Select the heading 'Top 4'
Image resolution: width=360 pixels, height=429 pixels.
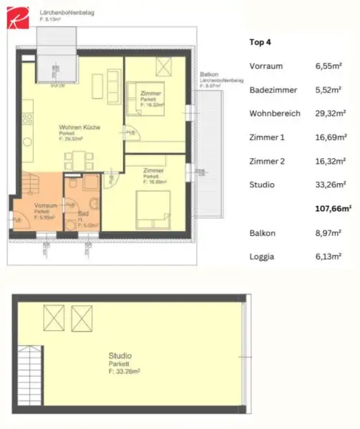click(261, 41)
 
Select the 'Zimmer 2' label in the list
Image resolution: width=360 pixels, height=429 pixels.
click(266, 162)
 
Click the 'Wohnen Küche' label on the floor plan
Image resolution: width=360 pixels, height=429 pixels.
click(79, 128)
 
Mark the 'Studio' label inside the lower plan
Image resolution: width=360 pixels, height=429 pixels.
click(120, 355)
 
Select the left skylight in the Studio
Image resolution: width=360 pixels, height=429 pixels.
click(54, 315)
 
